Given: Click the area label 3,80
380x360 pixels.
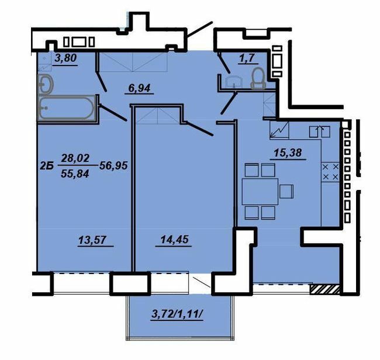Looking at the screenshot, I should pos(66,58).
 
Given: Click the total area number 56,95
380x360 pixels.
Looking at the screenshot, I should pos(113,165).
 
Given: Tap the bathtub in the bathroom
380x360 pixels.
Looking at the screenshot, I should pos(64,109).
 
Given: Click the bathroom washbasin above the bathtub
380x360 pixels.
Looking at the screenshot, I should pos(46,84).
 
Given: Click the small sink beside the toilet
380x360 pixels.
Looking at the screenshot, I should pos(233,81).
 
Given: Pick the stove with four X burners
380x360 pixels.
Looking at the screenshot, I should pos(331,171).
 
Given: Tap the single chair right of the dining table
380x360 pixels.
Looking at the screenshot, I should pos(286,191).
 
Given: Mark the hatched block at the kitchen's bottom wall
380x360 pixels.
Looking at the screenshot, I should pos(325,288).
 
